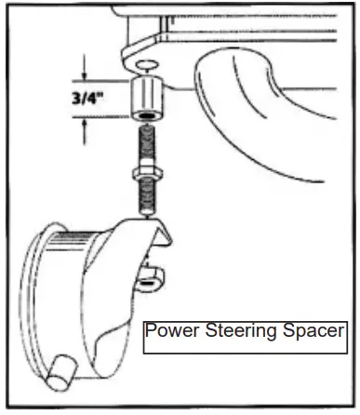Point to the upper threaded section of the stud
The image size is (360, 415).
pos(148,144)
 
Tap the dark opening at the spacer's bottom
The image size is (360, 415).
pos(148,118)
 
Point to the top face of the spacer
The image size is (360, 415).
pos(147,86)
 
